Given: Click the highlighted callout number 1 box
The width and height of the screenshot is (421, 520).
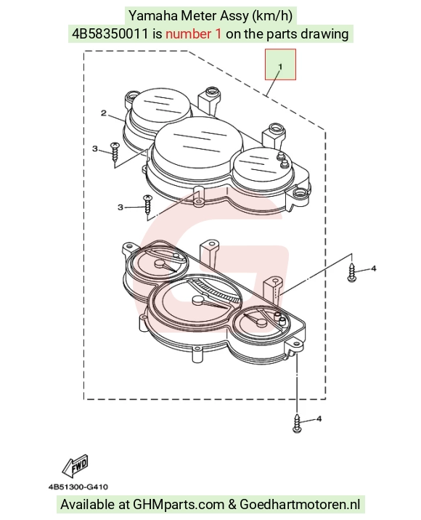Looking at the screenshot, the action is pyautogui.click(x=280, y=65).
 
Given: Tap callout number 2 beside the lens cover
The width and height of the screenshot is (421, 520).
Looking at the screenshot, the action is pyautogui.click(x=104, y=113).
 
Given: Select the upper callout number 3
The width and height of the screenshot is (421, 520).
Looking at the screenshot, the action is pyautogui.click(x=95, y=149).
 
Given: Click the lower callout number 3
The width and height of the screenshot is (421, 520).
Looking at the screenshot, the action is pyautogui.click(x=120, y=207).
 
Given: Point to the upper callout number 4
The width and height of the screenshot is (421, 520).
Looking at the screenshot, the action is pyautogui.click(x=374, y=268).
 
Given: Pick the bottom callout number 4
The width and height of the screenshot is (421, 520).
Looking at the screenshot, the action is pyautogui.click(x=319, y=419).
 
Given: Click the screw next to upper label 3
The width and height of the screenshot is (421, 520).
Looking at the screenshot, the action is pyautogui.click(x=115, y=152).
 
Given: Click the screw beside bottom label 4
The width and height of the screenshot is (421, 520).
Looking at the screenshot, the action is pyautogui.click(x=297, y=423).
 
